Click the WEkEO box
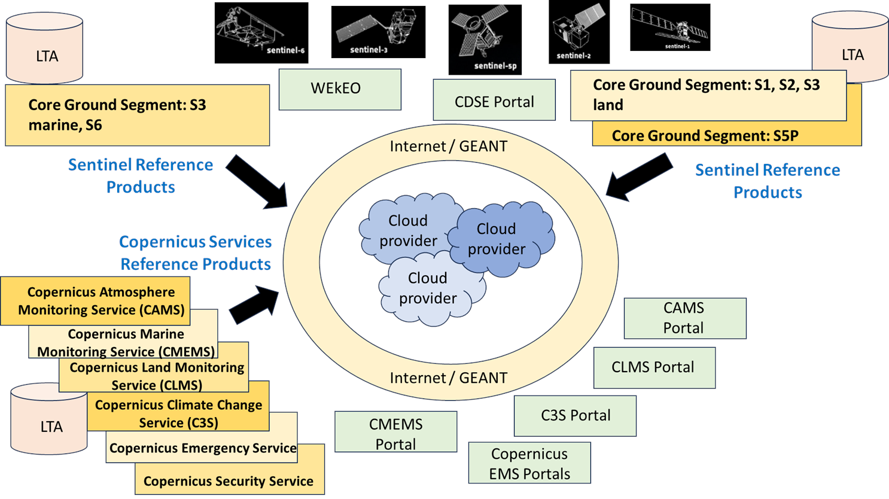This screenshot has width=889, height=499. (340, 89)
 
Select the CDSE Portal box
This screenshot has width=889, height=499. (494, 100)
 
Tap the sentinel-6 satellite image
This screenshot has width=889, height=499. (261, 33)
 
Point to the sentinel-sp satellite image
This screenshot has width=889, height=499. (485, 39)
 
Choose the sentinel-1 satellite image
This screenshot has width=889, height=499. (670, 28)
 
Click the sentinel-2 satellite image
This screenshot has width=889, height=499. (579, 32)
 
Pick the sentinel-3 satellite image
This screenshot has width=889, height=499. (378, 32)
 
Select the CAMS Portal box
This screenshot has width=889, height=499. (684, 318)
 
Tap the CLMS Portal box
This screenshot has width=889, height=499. (654, 367)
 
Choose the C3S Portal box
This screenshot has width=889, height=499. (575, 416)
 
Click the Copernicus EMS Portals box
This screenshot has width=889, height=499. (529, 463)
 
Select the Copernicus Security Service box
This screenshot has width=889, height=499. (229, 481)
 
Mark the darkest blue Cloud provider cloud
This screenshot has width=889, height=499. (501, 239)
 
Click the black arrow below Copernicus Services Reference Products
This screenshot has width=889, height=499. (254, 304)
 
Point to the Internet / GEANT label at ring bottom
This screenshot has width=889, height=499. (449, 378)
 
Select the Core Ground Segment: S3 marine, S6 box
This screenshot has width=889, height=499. (137, 115)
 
